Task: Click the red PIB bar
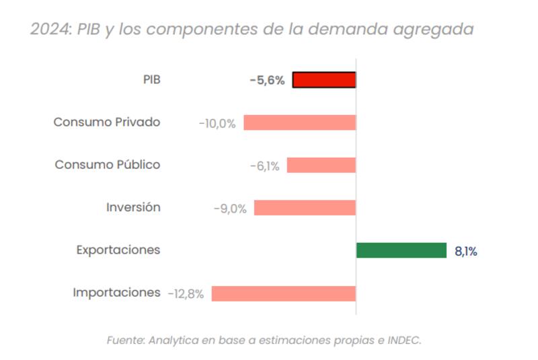coord(324,80)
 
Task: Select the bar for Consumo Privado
coord(299,122)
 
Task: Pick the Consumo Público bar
coord(321,165)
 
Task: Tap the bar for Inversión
coord(305,207)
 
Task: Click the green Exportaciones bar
coord(401,250)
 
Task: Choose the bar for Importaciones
coord(283,293)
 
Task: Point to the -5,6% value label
coord(267,81)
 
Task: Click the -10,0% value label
coord(217,123)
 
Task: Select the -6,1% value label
coord(264,166)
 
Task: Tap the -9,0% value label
coord(230,209)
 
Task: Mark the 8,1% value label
coord(466,252)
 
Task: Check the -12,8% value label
coord(186,294)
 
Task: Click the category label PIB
coord(151,79)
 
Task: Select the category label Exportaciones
coord(118,250)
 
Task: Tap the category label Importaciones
coord(116,293)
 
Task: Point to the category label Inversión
coord(133,207)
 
